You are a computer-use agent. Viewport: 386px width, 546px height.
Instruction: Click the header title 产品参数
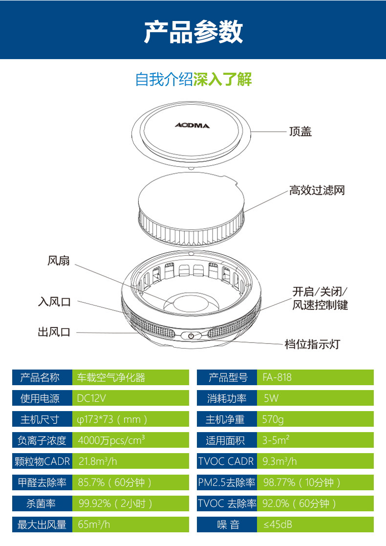point(193,32)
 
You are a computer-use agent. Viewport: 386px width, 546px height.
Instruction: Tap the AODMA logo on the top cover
point(192,126)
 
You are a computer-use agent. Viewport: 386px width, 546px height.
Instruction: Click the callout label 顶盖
point(300,131)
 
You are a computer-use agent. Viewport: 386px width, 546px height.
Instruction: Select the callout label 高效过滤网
point(317,190)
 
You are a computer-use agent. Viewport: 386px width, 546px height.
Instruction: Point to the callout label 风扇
point(59,261)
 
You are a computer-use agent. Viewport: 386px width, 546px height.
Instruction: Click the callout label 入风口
point(54,302)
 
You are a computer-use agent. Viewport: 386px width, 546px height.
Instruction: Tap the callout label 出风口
point(54,332)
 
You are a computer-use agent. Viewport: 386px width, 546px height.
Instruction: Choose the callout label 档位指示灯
point(312,344)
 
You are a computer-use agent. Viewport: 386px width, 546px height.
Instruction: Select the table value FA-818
point(277,377)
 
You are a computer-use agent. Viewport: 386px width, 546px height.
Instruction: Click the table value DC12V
point(91,398)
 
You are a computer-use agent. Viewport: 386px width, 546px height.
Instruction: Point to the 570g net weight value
point(273,419)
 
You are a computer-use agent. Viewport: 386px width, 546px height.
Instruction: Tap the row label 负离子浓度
point(42,440)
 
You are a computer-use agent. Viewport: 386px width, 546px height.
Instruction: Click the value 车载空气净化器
point(111,377)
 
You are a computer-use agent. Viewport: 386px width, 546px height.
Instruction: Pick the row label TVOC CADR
point(226,461)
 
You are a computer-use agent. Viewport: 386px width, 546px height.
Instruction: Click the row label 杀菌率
point(42,503)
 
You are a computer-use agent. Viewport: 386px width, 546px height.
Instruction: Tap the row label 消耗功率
point(227,398)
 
